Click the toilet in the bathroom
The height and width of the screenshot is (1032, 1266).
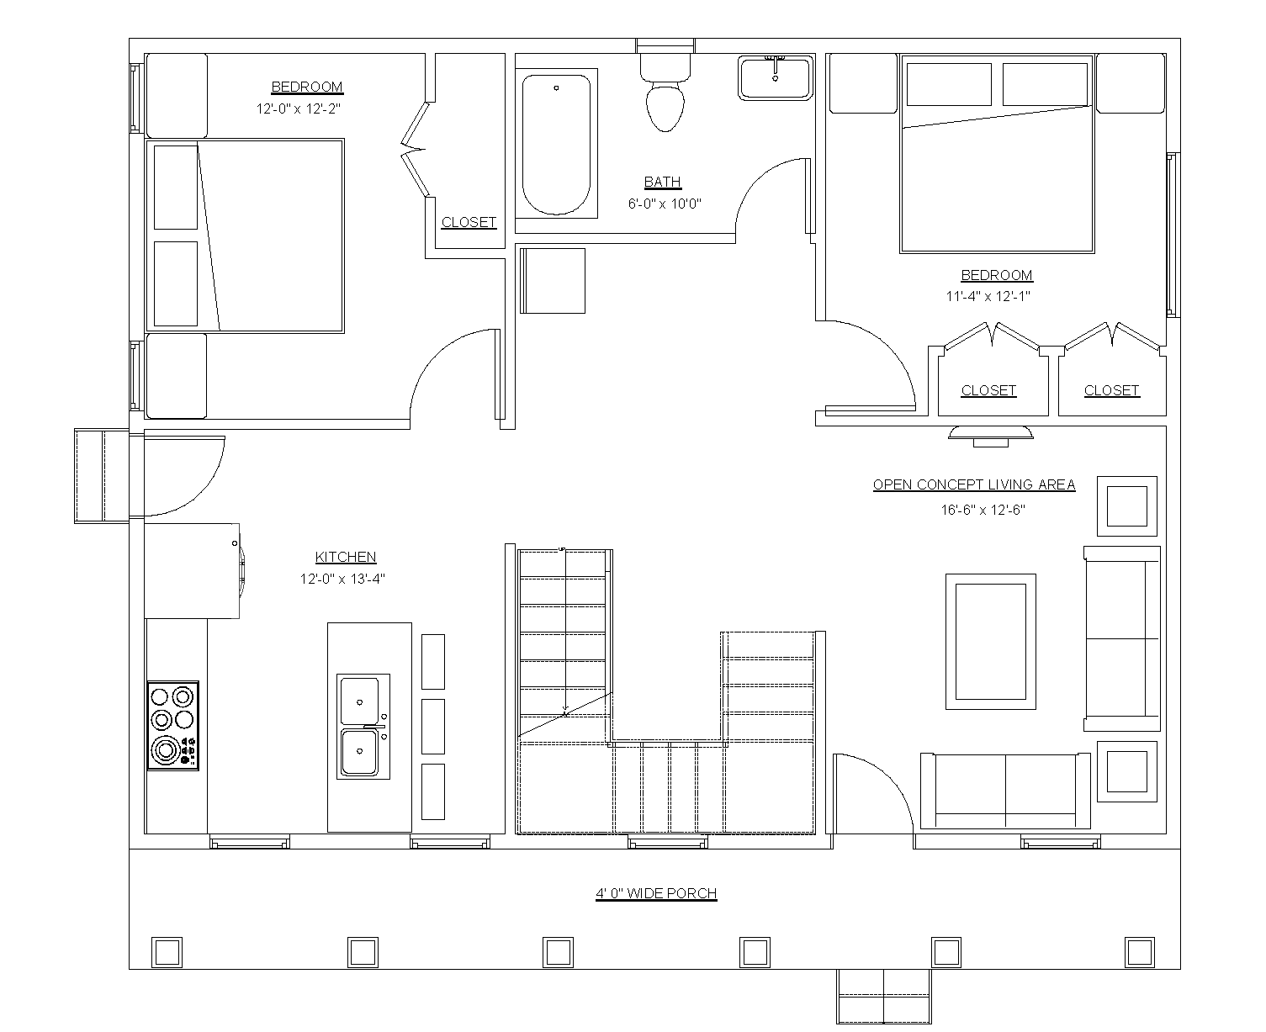665,95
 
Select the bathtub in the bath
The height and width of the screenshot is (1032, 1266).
556,145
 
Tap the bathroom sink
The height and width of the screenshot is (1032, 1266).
775,78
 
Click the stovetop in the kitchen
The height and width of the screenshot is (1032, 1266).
173,726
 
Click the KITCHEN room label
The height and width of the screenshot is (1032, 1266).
346,557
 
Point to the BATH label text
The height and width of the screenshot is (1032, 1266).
663,182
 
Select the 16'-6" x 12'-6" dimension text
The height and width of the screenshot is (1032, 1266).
983,510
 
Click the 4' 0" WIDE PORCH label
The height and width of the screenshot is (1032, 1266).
656,893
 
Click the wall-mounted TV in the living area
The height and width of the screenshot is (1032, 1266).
990,434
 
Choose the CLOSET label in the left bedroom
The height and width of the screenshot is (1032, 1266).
469,222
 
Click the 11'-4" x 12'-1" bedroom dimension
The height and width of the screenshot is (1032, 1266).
988,296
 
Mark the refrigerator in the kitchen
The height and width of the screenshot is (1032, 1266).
193,570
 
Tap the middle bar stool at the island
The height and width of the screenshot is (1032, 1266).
432,726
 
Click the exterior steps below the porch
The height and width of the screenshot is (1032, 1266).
883,995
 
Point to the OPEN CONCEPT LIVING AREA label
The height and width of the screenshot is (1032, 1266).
974,484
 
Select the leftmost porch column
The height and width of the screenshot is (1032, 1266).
167,952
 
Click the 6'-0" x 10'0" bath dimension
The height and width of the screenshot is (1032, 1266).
665,204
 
